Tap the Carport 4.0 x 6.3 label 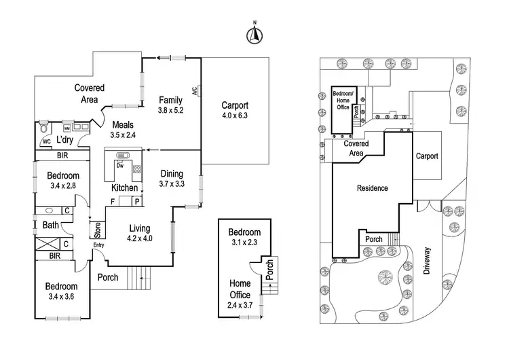tap(235, 110)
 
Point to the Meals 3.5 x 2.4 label tap(124, 130)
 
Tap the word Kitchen tap(125, 187)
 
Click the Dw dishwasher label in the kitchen tap(119, 164)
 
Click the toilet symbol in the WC tap(45, 127)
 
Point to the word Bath tap(50, 225)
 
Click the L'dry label tap(65, 140)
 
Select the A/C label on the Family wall tap(193, 90)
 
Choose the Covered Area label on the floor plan tap(89, 93)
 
